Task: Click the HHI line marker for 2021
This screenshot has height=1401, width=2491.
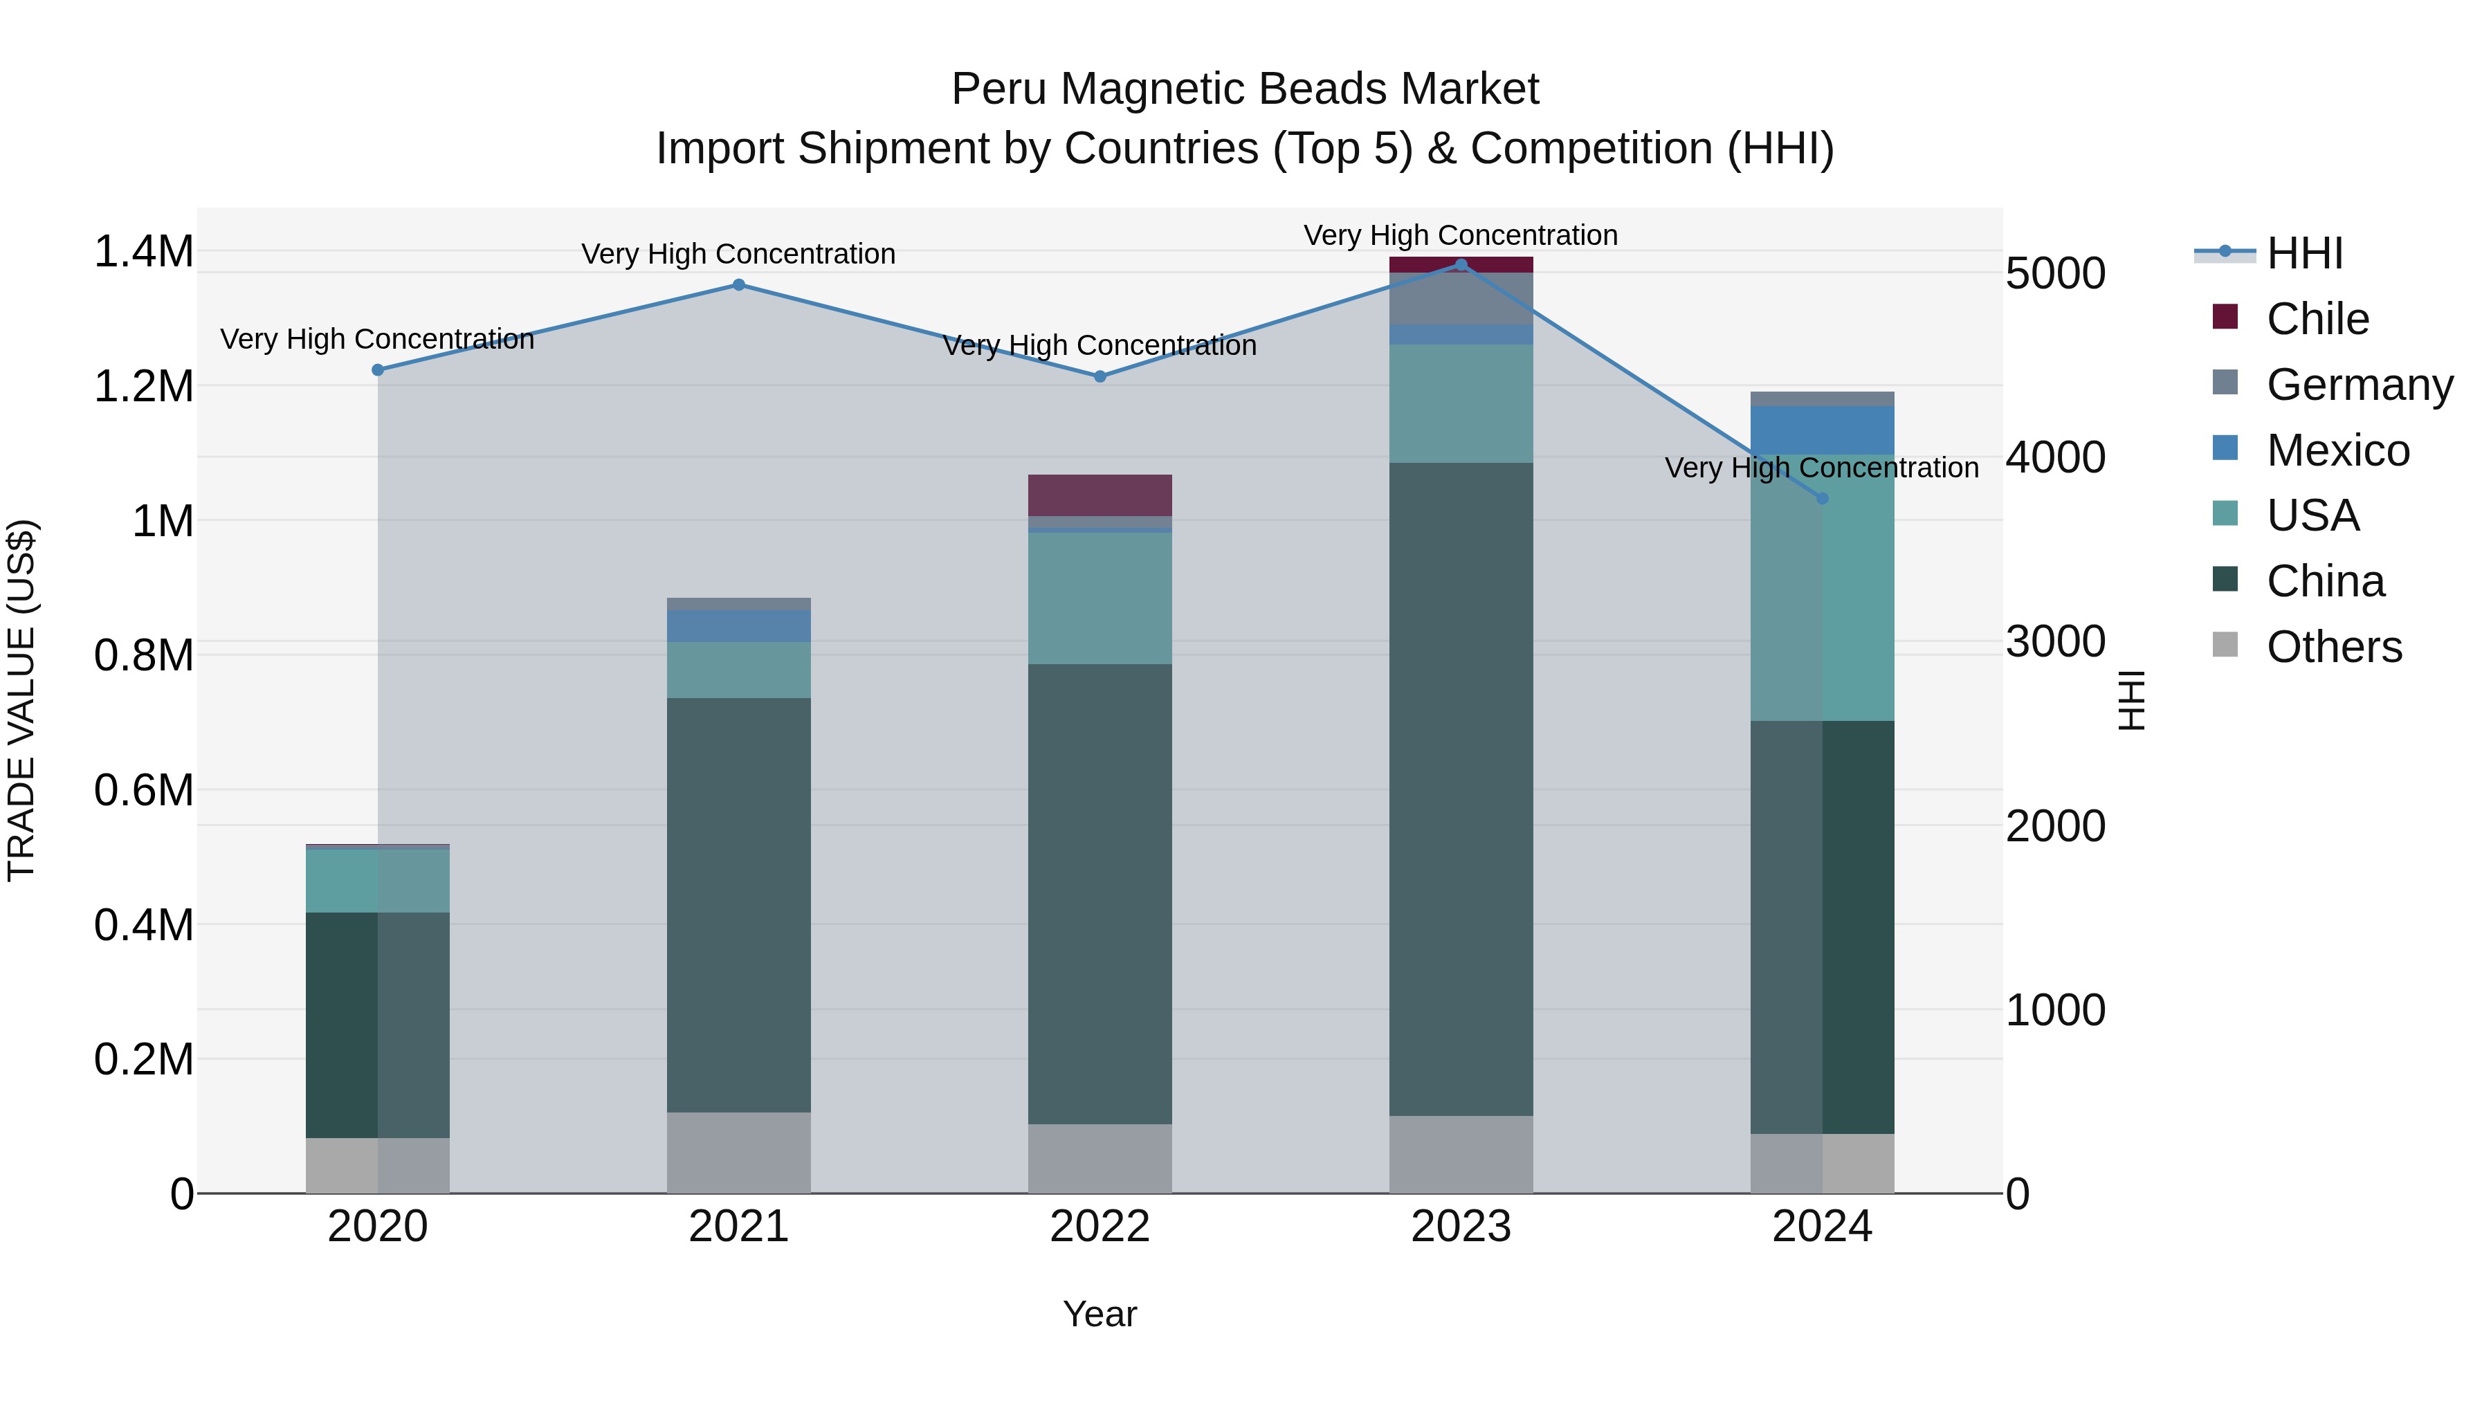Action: (739, 285)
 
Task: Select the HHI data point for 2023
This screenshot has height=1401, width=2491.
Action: (1461, 265)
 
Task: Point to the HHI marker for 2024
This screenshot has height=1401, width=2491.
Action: (1823, 499)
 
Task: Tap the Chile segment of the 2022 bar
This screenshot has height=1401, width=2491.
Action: (1099, 495)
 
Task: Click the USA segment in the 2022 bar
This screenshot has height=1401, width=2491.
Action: (1099, 598)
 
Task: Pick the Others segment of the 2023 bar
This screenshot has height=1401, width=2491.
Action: (1461, 1155)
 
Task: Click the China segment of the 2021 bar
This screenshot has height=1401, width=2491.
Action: (739, 905)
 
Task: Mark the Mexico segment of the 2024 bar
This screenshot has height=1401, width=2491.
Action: (1823, 430)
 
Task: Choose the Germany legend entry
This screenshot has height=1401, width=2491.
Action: (2360, 385)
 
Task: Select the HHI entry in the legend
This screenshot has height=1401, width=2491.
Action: (2304, 253)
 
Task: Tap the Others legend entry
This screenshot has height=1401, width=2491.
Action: (2333, 647)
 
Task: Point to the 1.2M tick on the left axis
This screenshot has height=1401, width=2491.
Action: (143, 387)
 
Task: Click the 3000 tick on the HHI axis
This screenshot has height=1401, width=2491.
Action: (2056, 642)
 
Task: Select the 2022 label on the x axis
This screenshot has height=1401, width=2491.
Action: (1099, 1227)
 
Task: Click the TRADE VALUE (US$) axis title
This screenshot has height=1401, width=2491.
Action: (21, 701)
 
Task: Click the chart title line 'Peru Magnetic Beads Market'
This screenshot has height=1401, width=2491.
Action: (1245, 89)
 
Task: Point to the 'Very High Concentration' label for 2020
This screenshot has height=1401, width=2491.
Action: (377, 340)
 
